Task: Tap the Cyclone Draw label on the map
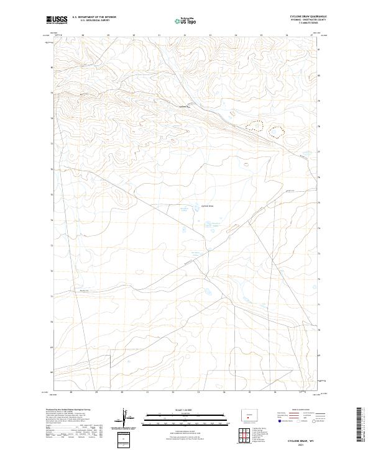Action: [208, 206]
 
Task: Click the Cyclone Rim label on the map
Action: [183, 106]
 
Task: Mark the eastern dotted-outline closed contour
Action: [274, 130]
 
